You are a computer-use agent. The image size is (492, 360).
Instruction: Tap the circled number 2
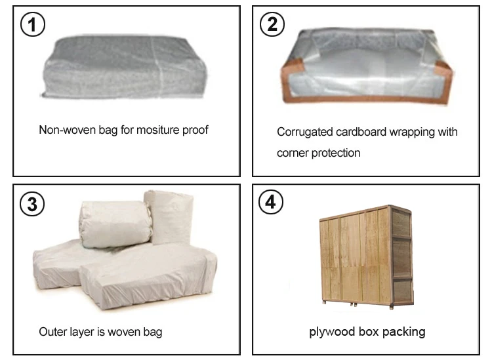point(271,25)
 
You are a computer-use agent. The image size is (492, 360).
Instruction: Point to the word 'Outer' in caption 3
point(52,332)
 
